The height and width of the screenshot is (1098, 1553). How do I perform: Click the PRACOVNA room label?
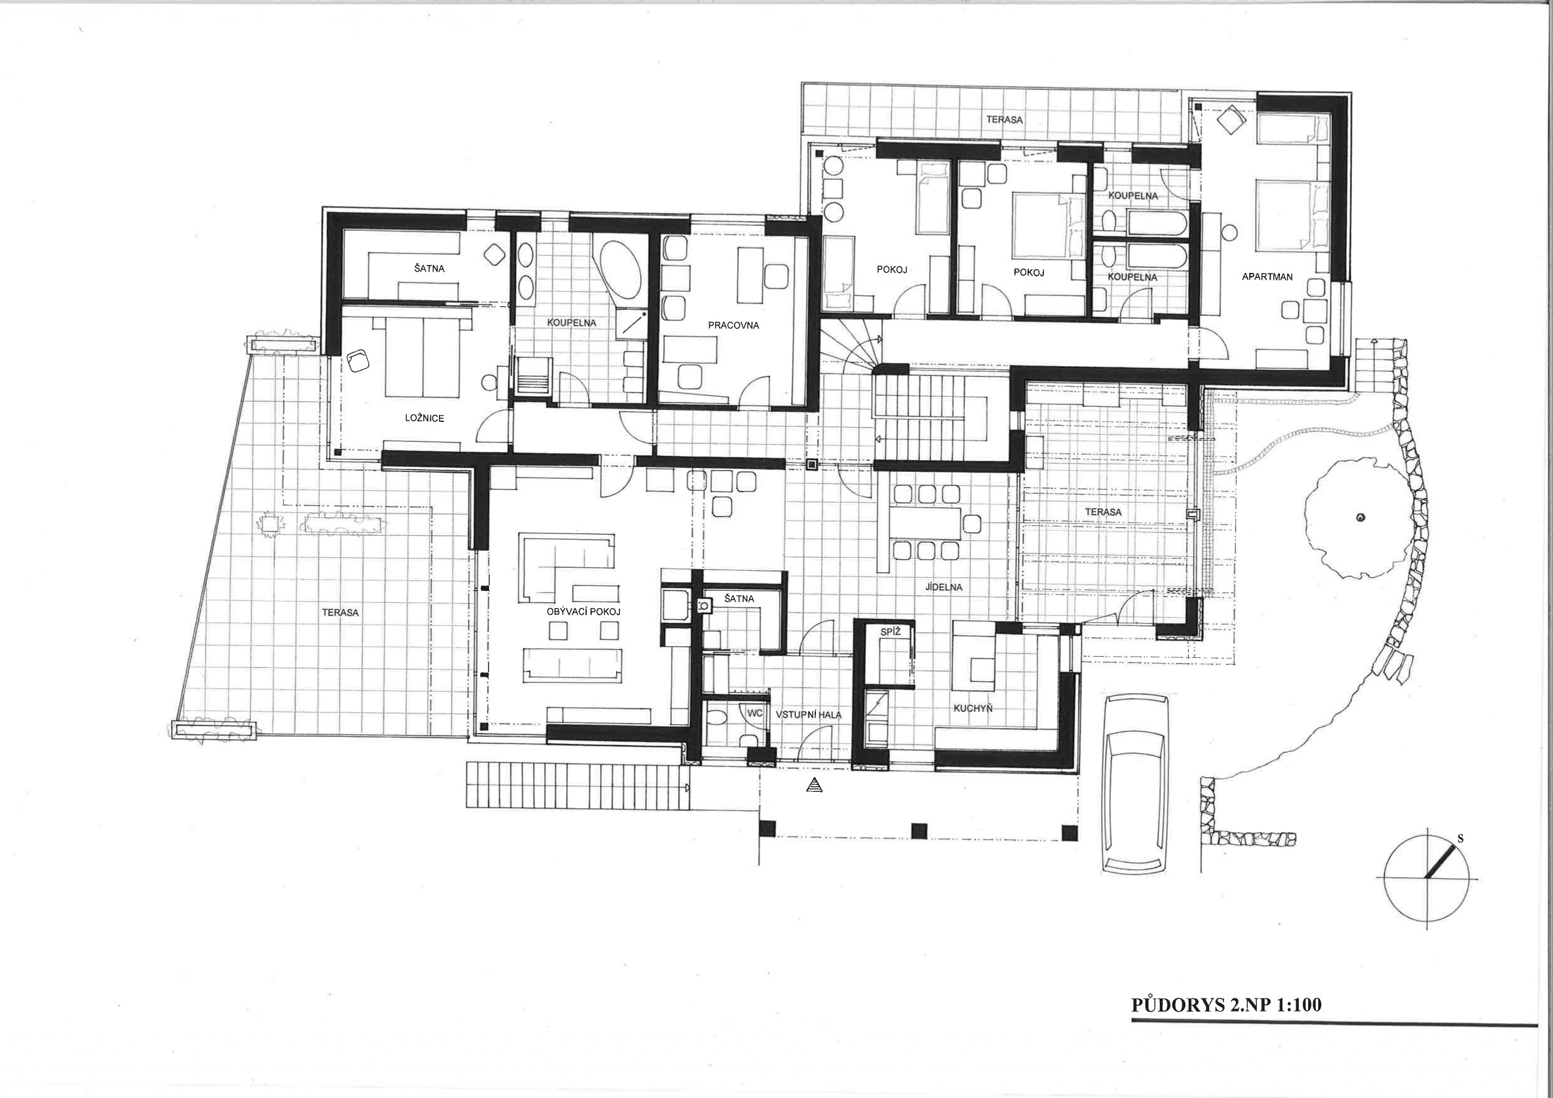(733, 326)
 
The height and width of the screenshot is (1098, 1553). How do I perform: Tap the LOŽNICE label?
(425, 418)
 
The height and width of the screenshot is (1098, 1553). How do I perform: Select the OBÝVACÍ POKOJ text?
(584, 611)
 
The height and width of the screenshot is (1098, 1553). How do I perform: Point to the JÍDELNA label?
(944, 587)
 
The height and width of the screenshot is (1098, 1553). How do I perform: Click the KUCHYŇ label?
(973, 708)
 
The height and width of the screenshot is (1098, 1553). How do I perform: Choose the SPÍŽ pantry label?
(889, 632)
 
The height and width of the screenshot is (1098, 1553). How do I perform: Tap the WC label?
(755, 712)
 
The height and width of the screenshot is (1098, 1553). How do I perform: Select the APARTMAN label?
(1267, 277)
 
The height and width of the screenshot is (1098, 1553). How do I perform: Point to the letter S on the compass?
(1461, 838)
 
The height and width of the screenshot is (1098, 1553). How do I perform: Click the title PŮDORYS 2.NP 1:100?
(1226, 1023)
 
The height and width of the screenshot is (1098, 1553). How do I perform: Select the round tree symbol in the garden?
(1360, 518)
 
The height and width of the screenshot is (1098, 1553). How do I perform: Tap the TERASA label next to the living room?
(340, 613)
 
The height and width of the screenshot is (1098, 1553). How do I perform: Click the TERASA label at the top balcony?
(1004, 120)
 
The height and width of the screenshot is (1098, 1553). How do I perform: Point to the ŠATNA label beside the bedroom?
(429, 269)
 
